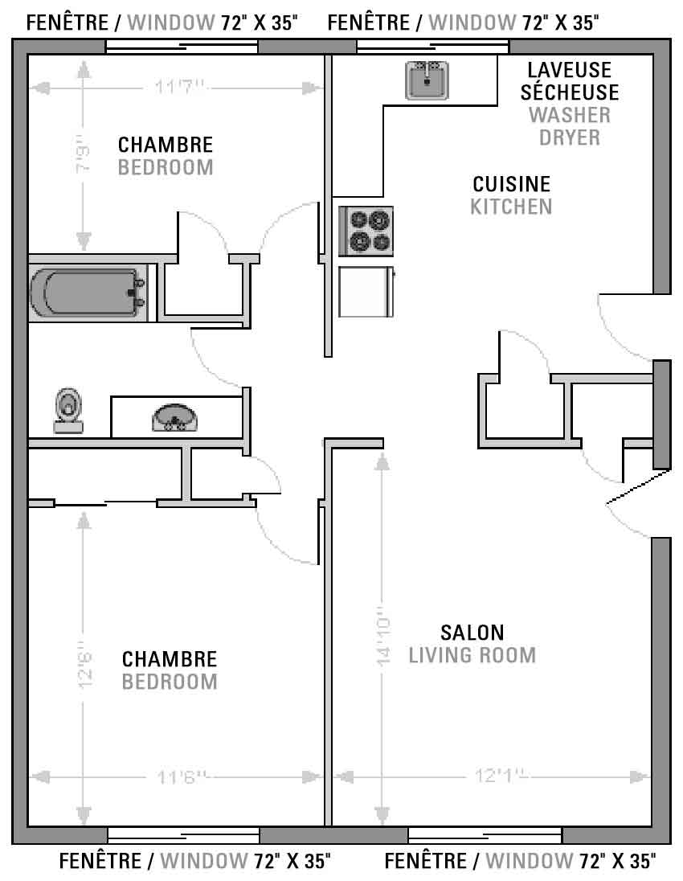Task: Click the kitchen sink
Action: tap(427, 80)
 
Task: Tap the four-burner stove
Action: tap(366, 231)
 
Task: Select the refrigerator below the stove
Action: tap(366, 292)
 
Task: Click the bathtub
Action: tap(88, 293)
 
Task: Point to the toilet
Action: tap(68, 411)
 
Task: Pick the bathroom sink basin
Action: tap(174, 418)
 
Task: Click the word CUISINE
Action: tap(512, 184)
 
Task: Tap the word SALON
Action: tap(472, 633)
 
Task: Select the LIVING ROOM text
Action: tap(472, 655)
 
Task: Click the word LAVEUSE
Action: tap(570, 70)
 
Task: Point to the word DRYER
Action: tap(570, 137)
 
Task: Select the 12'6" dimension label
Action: tap(85, 665)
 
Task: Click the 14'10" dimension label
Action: tap(383, 636)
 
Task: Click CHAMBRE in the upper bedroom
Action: tap(166, 145)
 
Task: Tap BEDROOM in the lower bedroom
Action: tap(170, 682)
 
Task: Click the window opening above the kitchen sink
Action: tap(433, 47)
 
